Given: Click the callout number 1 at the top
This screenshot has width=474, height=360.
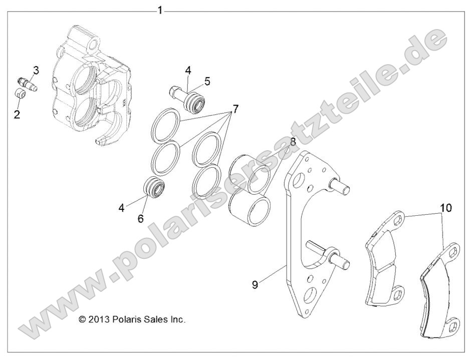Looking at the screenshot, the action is tap(160, 10).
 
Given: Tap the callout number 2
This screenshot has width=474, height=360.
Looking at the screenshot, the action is tap(17, 115).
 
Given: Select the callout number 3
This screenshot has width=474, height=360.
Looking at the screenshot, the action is tap(37, 70).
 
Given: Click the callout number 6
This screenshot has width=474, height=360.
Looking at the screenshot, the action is tap(141, 218).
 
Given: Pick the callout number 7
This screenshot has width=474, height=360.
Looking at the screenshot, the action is tap(235, 109).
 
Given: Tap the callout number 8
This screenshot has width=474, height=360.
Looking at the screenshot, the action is tap(292, 142).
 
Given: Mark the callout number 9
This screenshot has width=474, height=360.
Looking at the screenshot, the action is tap(255, 284).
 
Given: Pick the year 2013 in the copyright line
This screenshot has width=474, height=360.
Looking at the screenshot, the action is tap(98, 319).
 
